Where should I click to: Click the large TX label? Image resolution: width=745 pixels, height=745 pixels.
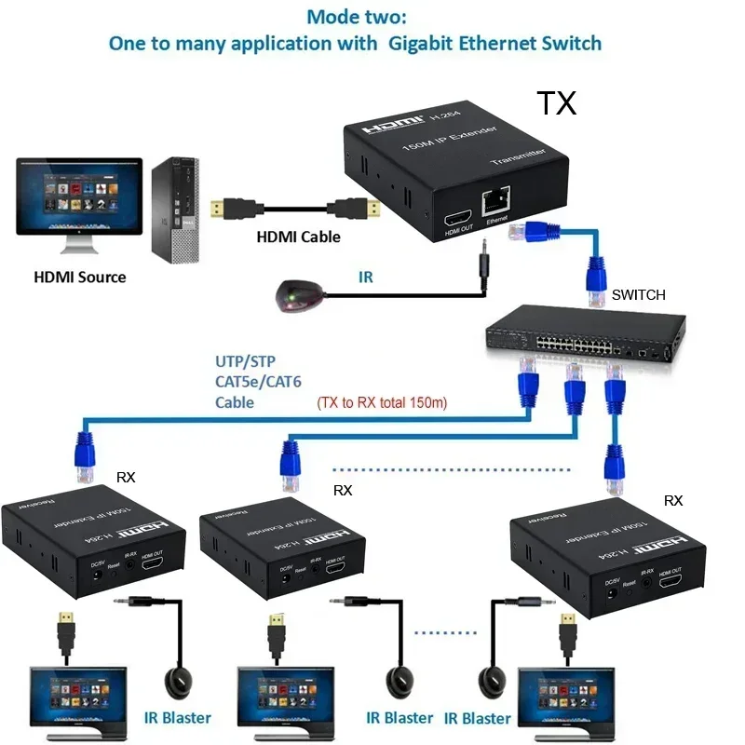click(x=556, y=102)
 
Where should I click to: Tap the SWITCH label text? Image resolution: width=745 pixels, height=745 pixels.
click(x=638, y=294)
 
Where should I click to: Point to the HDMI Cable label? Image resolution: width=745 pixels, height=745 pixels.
click(x=298, y=237)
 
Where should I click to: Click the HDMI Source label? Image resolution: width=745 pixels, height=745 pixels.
click(x=79, y=277)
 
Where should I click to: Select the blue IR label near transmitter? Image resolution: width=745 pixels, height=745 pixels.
click(x=366, y=277)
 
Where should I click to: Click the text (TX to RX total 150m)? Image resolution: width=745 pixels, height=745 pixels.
click(x=383, y=402)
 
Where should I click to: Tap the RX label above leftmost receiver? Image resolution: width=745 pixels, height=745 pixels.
click(x=126, y=476)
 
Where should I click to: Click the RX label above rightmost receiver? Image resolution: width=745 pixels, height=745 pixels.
click(x=673, y=500)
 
